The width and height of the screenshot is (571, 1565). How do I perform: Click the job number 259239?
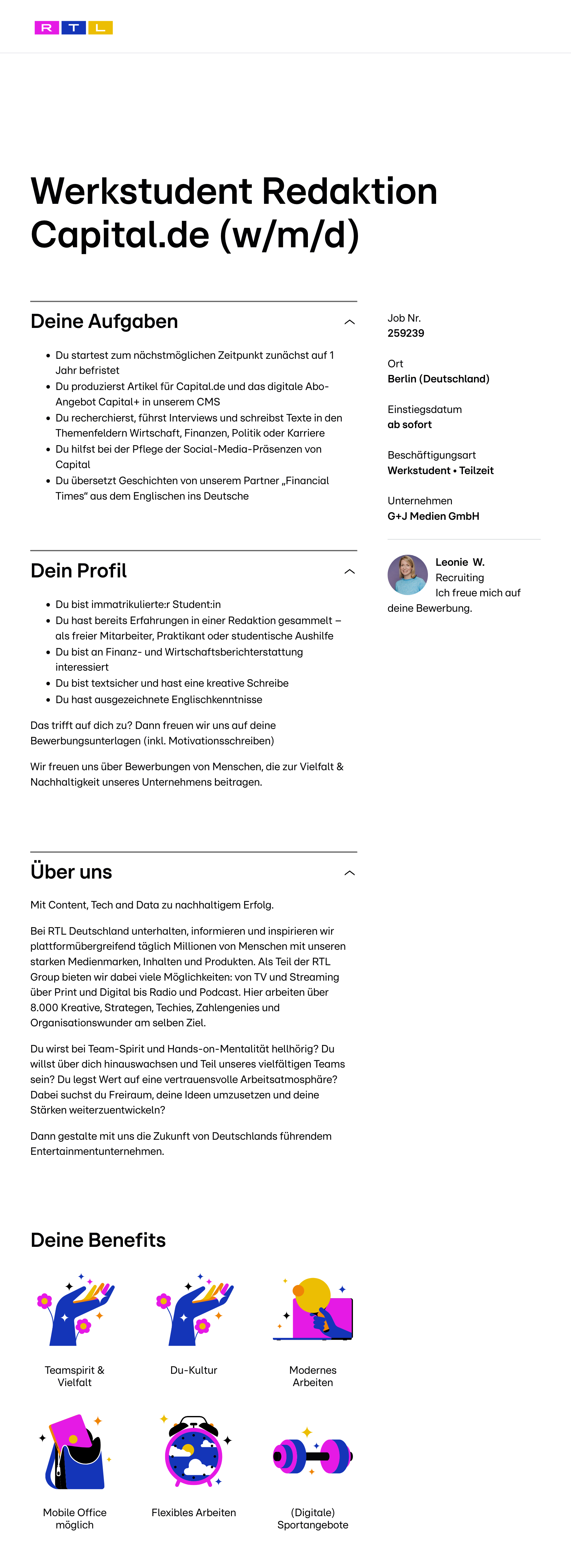(x=406, y=333)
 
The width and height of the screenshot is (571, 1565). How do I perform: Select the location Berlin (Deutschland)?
(x=438, y=379)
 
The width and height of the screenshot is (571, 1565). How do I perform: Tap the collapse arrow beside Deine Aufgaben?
(x=349, y=322)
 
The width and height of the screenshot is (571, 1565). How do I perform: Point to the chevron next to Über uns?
(x=349, y=873)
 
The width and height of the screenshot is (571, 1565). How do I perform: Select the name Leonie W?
(x=460, y=562)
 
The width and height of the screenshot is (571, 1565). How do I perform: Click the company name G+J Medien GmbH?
(x=433, y=516)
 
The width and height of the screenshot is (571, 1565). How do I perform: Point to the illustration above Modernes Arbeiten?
(x=314, y=1309)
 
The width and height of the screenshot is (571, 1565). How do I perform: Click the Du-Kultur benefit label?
(x=194, y=1370)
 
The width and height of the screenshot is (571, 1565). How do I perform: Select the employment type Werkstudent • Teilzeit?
(x=441, y=470)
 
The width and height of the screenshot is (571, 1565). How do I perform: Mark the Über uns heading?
(x=71, y=872)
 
